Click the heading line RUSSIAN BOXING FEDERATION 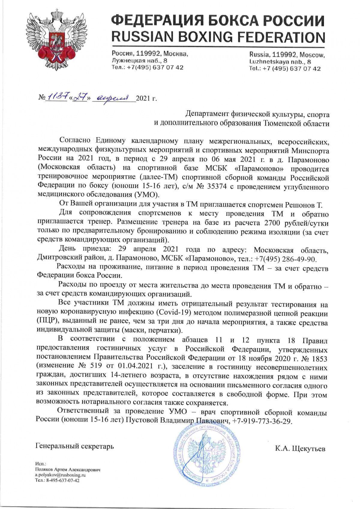pos(218,37)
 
